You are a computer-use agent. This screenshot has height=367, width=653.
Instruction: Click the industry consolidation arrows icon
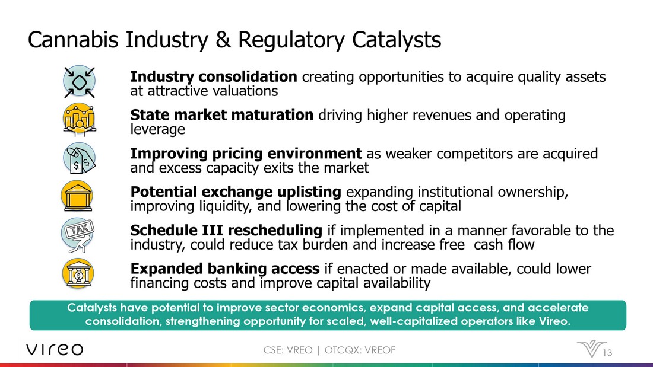point(79,82)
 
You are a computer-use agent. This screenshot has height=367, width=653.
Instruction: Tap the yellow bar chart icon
point(79,120)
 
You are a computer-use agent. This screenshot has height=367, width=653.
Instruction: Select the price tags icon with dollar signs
point(79,158)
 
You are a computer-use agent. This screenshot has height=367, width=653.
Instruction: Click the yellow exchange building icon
point(77,196)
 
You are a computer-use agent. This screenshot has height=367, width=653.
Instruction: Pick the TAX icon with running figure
point(78,235)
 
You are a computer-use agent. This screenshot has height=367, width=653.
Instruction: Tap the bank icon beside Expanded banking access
point(78,273)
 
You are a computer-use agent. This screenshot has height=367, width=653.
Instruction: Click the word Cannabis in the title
point(73,40)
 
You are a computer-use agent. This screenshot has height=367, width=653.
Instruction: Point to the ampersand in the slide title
point(223,40)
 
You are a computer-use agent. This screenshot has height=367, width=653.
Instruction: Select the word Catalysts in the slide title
point(396,40)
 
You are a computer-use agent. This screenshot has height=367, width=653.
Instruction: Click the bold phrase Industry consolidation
point(214,76)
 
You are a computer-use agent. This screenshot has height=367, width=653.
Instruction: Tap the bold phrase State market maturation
point(222,115)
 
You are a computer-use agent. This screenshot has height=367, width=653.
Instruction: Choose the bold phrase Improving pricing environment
point(246,154)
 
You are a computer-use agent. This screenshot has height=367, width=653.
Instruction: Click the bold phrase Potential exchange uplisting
point(236,192)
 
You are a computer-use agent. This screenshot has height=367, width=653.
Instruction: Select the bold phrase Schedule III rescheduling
point(226,230)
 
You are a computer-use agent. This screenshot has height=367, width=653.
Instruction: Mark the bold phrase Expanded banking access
point(225,269)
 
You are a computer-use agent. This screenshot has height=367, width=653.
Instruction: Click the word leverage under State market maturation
point(157,130)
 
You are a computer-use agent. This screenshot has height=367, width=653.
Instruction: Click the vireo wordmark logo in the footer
point(55,350)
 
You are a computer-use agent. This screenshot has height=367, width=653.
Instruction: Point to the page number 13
point(607,353)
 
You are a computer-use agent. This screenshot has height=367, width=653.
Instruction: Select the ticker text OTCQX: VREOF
point(360,350)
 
